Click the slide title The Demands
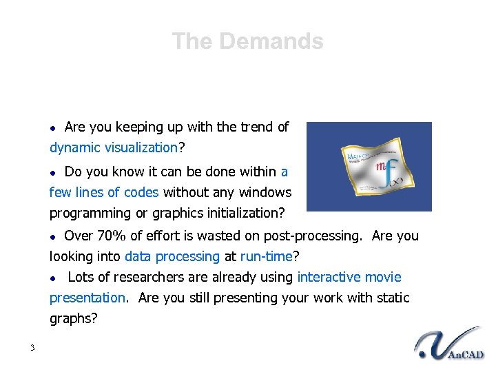(247, 41)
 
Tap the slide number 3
(32, 347)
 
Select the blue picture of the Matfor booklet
(369, 167)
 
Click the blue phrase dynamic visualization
(113, 147)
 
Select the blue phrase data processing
(172, 256)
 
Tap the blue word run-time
(267, 256)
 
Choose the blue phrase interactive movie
(349, 277)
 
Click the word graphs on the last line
(71, 319)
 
